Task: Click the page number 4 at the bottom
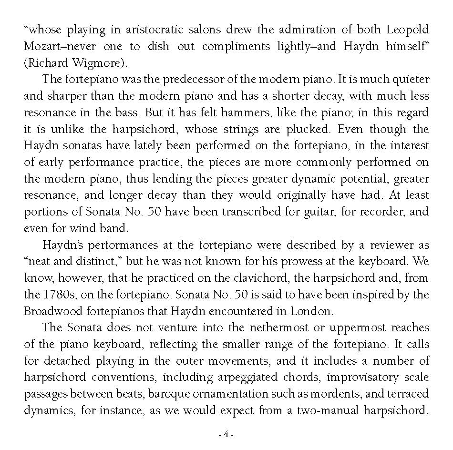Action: (226, 434)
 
